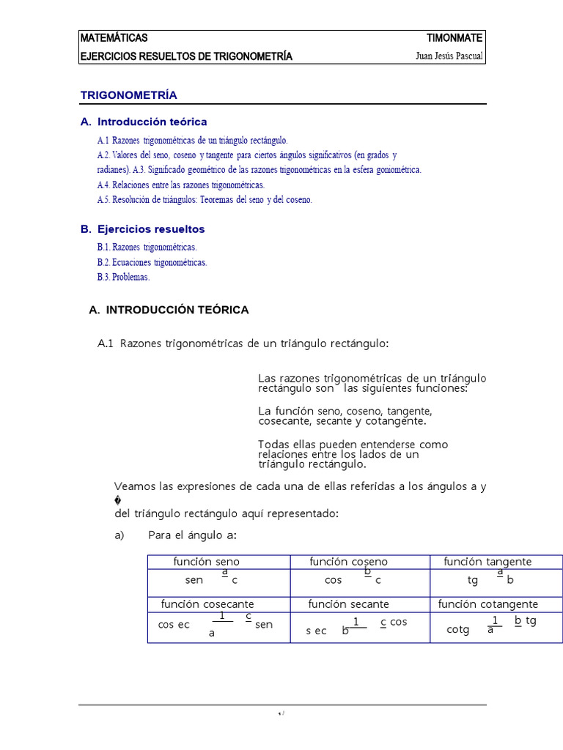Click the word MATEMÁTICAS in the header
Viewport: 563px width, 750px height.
(114, 38)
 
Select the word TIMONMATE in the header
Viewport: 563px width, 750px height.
(455, 38)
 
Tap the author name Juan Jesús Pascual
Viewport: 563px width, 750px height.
(449, 56)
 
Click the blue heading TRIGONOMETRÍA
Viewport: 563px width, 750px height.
(128, 95)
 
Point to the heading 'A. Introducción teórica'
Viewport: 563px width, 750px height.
(144, 122)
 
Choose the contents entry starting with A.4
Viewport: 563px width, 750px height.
(180, 185)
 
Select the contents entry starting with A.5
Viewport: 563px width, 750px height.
(204, 199)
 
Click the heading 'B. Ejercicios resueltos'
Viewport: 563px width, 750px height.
(143, 229)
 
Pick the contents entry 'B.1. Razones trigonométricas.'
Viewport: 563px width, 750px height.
(147, 248)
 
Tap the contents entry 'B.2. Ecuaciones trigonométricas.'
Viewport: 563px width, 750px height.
(152, 262)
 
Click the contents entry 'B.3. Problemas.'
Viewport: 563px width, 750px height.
(123, 277)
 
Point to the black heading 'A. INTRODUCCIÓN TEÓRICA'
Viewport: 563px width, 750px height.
(169, 310)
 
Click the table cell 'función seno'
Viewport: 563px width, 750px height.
(206, 562)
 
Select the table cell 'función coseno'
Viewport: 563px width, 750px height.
(348, 562)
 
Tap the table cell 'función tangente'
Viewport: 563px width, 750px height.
(487, 562)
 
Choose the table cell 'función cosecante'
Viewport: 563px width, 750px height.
(207, 604)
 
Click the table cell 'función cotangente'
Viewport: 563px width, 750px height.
(488, 604)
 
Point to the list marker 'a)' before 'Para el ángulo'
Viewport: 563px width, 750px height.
(120, 535)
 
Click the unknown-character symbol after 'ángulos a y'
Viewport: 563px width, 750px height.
(118, 501)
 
